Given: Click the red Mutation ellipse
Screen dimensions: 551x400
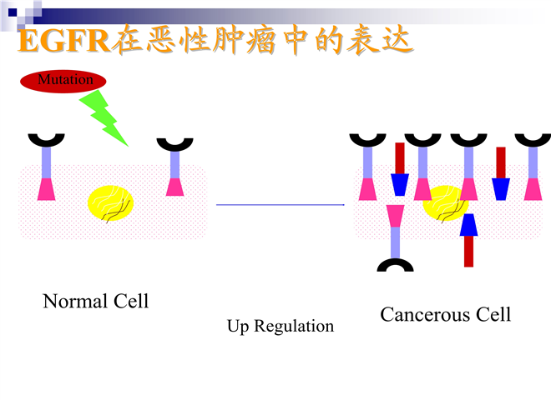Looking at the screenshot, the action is pyautogui.click(x=63, y=82).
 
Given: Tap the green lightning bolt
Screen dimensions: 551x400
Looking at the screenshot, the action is pyautogui.click(x=104, y=117).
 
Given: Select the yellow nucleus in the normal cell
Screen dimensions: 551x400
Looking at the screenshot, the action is pyautogui.click(x=111, y=203).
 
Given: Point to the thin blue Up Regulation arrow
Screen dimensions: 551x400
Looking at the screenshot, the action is pyautogui.click(x=281, y=204).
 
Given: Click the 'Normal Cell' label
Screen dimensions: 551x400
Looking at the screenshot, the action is pyautogui.click(x=95, y=301).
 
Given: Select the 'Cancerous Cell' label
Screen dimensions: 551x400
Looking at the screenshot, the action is pyautogui.click(x=445, y=314).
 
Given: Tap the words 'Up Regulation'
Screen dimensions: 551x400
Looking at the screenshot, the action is pyautogui.click(x=281, y=326).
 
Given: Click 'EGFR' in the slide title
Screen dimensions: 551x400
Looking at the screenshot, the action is pyautogui.click(x=64, y=41).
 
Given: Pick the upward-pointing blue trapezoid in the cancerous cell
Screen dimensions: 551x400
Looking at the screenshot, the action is pyautogui.click(x=469, y=224).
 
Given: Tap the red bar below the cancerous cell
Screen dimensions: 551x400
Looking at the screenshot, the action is pyautogui.click(x=469, y=251).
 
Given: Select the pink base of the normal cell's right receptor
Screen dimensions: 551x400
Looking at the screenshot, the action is pyautogui.click(x=174, y=187).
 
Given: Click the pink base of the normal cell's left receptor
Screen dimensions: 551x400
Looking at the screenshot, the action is pyautogui.click(x=47, y=189).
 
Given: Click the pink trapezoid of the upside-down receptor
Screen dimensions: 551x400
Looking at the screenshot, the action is pyautogui.click(x=396, y=216).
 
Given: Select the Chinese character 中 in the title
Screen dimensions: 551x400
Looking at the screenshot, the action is pyautogui.click(x=296, y=39).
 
